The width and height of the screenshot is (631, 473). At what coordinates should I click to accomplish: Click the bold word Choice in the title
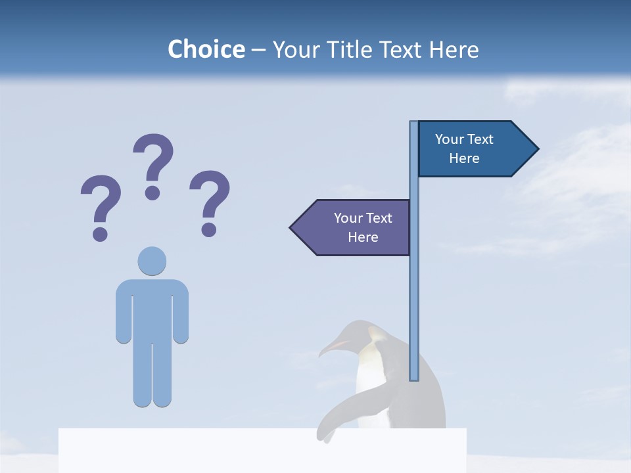(206, 49)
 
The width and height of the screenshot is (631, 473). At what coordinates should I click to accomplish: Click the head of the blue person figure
(152, 261)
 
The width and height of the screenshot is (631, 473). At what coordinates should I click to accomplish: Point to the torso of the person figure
(152, 309)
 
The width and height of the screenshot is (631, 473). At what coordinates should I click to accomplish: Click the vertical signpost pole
(414, 296)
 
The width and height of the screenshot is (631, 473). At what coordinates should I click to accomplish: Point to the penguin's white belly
(368, 381)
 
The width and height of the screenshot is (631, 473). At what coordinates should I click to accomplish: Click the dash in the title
(258, 49)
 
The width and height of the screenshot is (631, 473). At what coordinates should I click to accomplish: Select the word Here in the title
(454, 49)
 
